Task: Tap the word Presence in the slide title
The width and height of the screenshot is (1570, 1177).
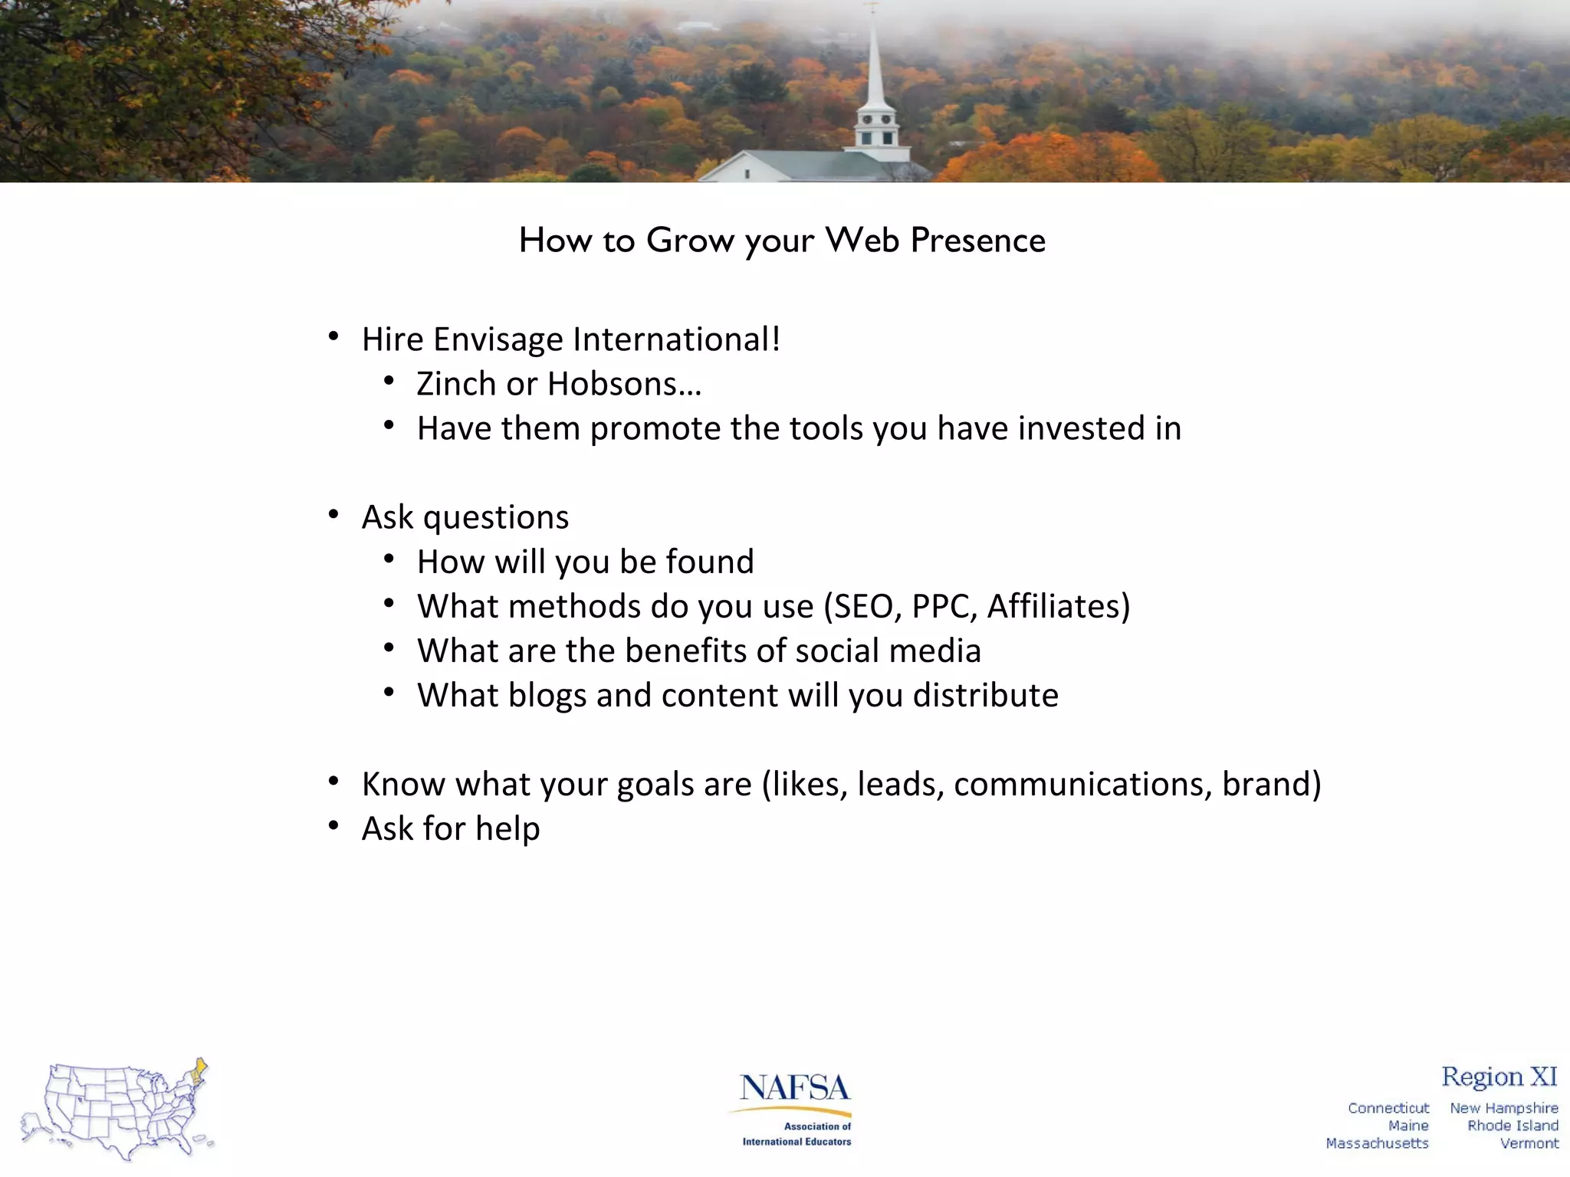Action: [977, 240]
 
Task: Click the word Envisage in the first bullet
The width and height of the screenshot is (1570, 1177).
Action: [498, 339]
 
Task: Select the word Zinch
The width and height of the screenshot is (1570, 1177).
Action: [456, 384]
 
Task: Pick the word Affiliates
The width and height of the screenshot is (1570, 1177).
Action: [1054, 606]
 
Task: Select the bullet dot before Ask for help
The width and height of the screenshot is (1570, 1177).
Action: [333, 826]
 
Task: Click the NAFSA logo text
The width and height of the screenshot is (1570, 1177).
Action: [794, 1088]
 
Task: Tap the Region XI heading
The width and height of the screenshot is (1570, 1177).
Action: [1499, 1077]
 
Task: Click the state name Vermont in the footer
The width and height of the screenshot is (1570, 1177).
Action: [1529, 1143]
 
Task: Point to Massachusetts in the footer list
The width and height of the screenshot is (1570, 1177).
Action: [1377, 1143]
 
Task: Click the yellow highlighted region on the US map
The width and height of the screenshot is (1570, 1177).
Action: [199, 1071]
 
